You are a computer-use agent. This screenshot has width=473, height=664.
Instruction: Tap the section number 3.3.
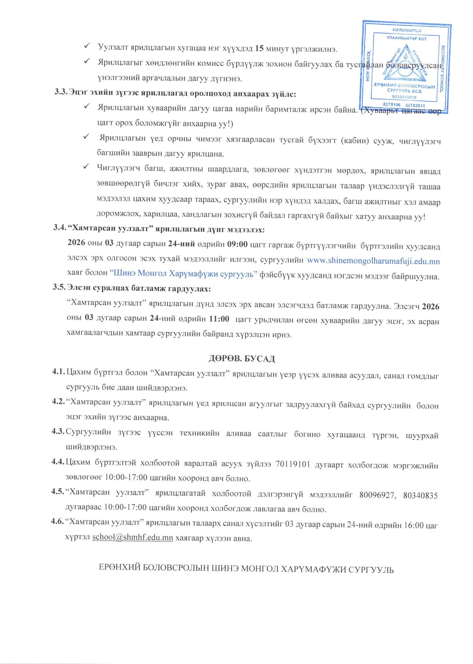[60, 94]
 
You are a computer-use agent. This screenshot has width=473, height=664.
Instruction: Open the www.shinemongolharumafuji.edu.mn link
[373, 261]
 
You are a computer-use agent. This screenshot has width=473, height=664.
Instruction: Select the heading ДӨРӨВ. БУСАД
[242, 359]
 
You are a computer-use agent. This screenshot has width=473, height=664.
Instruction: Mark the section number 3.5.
[60, 288]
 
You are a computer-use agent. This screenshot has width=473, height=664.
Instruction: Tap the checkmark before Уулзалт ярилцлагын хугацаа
[87, 47]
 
